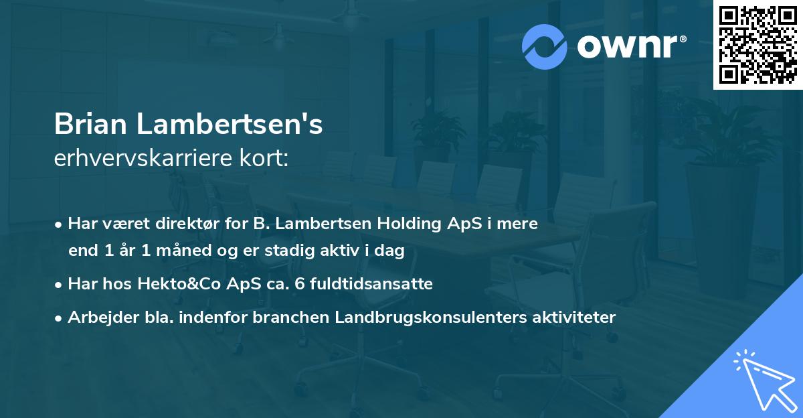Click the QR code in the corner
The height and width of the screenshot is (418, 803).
[x=757, y=45]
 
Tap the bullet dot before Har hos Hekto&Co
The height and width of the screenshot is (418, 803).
[x=60, y=285]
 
